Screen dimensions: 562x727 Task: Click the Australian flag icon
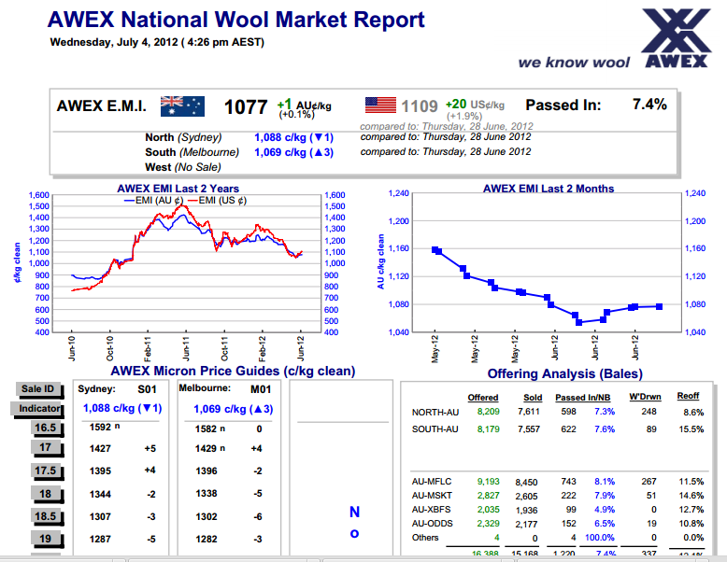pyautogui.click(x=182, y=105)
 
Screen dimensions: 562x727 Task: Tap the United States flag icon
pyautogui.click(x=380, y=105)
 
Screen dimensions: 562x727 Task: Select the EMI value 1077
pyautogui.click(x=247, y=106)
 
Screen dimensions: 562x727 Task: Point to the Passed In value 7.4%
pyautogui.click(x=649, y=105)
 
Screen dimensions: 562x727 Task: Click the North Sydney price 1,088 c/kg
pyautogui.click(x=292, y=136)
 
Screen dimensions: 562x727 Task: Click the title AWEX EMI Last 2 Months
pyautogui.click(x=549, y=189)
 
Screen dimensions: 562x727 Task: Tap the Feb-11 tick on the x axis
pyautogui.click(x=148, y=349)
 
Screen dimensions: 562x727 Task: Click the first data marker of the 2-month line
pyautogui.click(x=435, y=250)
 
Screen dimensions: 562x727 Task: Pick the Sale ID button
pyautogui.click(x=38, y=389)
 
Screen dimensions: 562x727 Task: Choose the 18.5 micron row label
pyautogui.click(x=45, y=516)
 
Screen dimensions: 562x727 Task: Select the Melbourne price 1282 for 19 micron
pyautogui.click(x=207, y=540)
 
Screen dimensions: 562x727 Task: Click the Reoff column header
pyautogui.click(x=688, y=397)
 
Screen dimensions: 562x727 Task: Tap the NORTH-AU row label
pyautogui.click(x=435, y=412)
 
